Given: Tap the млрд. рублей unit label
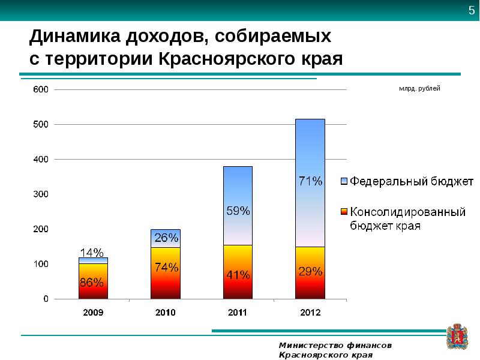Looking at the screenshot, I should click(419, 89).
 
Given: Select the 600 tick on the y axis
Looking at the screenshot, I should click(40, 89).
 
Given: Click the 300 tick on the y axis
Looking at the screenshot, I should click(40, 194).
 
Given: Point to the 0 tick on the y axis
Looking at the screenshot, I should click(45, 299).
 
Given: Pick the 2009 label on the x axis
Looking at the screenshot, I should click(93, 313).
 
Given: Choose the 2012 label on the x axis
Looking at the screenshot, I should click(310, 313).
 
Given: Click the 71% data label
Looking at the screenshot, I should click(310, 180).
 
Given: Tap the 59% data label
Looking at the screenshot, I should click(238, 211).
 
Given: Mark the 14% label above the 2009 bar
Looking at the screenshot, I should click(92, 252).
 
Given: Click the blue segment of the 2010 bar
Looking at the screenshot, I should click(166, 238).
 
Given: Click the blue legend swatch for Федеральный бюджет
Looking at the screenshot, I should click(344, 181).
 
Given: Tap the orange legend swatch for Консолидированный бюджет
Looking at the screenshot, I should click(344, 212).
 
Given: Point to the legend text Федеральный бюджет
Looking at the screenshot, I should click(412, 181).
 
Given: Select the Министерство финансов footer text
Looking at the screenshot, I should click(335, 345).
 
